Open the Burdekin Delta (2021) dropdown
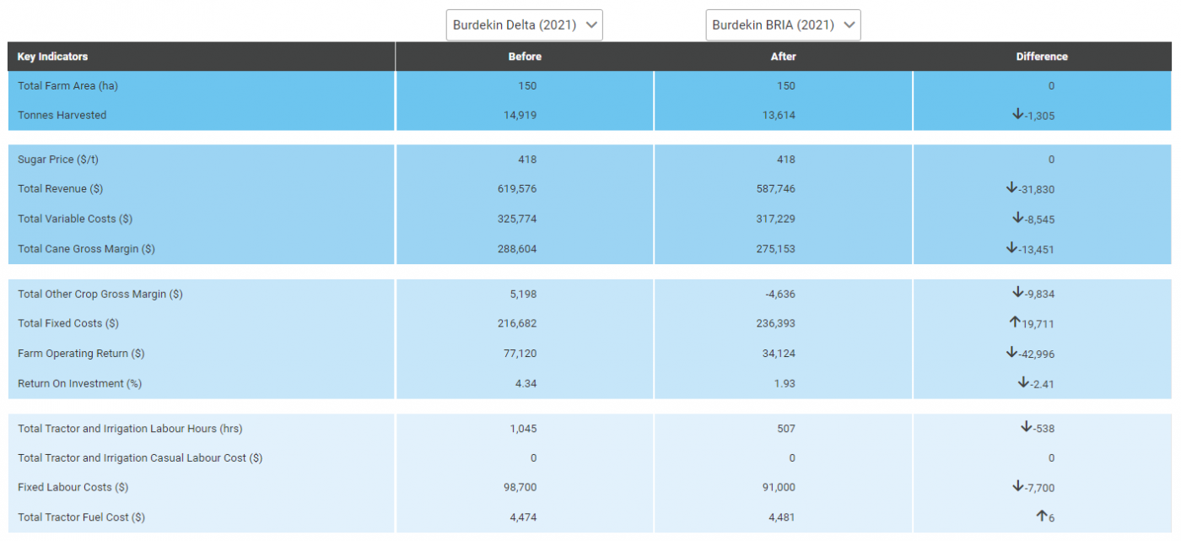click(524, 25)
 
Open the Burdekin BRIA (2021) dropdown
click(783, 25)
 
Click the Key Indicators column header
click(52, 57)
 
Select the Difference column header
click(1041, 57)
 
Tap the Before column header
click(525, 57)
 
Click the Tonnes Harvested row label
click(62, 116)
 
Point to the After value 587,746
click(778, 189)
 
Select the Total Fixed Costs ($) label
click(67, 323)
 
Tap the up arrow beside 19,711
click(1015, 323)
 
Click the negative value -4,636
click(779, 295)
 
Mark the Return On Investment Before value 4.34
click(524, 384)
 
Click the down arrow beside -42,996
click(1011, 353)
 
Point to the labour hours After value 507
click(785, 429)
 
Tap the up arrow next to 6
click(1042, 517)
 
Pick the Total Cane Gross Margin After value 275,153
click(778, 249)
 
